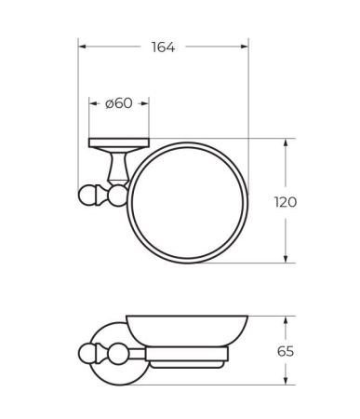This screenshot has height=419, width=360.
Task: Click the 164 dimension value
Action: point(165,47)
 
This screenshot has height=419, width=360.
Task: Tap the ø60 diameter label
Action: point(119,103)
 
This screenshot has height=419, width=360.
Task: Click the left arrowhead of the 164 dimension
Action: point(81,47)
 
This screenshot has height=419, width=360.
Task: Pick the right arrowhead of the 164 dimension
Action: point(246,47)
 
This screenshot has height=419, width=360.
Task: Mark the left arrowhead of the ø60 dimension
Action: point(91,103)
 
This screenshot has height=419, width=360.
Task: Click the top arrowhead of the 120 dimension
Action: point(287,142)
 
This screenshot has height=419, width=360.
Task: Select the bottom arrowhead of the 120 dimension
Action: point(287,260)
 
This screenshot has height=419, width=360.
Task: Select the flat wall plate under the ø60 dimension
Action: point(118,142)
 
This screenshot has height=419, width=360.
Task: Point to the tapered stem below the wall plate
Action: point(118,168)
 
